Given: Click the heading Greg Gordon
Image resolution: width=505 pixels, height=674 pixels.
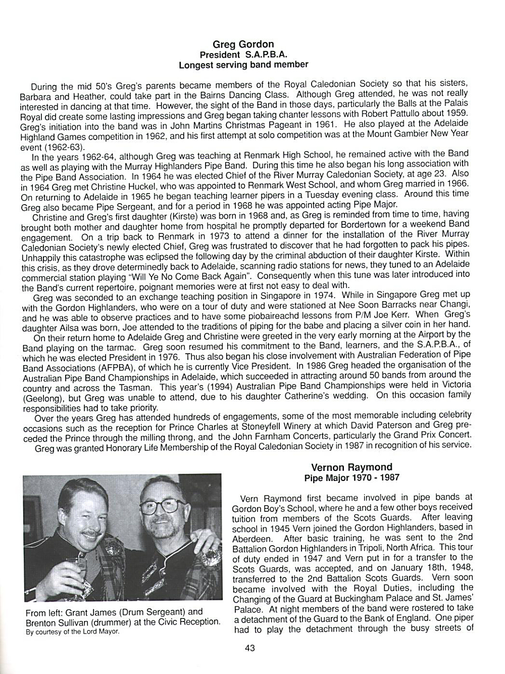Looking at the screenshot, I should [x=243, y=44].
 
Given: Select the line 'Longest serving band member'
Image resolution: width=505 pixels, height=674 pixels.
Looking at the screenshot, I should [x=243, y=65].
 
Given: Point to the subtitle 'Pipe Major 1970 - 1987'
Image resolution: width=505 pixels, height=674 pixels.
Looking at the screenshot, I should [x=351, y=477].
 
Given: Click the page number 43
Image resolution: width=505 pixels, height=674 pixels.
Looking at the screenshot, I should [x=249, y=648].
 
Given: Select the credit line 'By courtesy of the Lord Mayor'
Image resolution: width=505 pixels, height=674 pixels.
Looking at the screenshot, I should [x=73, y=632].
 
